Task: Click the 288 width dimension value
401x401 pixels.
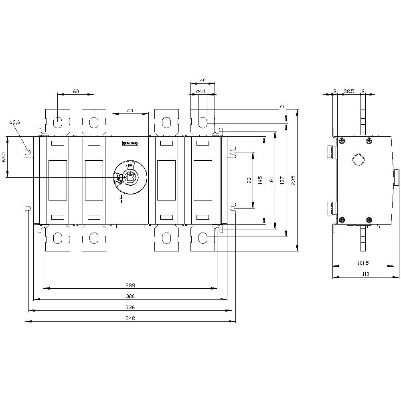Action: [130, 286]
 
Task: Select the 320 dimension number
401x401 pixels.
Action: [130, 296]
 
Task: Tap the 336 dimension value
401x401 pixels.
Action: [130, 308]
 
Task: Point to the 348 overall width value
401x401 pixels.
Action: [130, 318]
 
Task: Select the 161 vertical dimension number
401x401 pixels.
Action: [271, 180]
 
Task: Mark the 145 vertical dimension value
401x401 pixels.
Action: [260, 180]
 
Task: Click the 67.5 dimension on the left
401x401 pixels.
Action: [4, 157]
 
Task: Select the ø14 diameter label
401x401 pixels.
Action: [201, 91]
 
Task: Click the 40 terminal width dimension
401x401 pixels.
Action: [203, 81]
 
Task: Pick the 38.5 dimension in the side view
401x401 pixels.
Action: [349, 91]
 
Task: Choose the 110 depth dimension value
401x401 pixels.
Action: [365, 274]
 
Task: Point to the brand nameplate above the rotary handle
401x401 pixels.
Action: [130, 143]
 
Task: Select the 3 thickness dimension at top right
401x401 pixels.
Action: [282, 107]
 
